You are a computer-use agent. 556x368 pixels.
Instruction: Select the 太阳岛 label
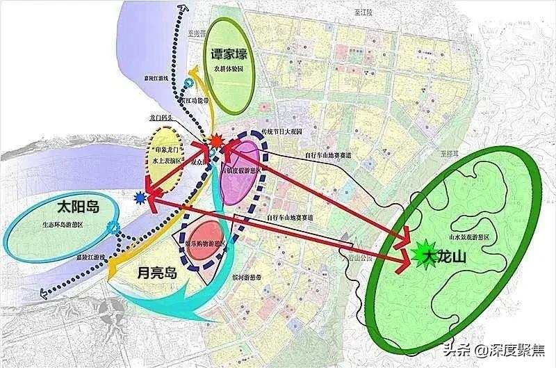click(56, 208)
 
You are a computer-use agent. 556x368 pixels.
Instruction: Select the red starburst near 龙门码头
click(215, 142)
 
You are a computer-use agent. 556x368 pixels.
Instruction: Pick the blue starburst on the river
click(142, 199)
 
